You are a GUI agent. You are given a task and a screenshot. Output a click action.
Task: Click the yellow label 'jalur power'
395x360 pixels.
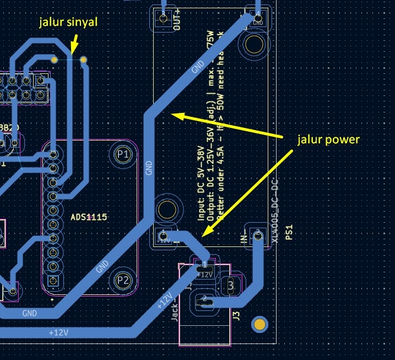[x=328, y=139]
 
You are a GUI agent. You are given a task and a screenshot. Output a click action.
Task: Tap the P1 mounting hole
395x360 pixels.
[x=123, y=155]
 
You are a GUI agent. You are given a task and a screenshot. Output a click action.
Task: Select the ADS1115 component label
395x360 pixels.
[x=89, y=217]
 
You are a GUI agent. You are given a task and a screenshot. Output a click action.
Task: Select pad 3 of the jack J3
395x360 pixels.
[x=231, y=285]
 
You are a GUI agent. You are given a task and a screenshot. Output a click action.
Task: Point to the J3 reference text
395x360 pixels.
[x=236, y=316]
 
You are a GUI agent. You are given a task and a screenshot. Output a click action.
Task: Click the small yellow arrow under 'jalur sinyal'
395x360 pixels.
[x=75, y=42]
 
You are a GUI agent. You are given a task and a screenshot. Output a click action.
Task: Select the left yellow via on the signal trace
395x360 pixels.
[x=54, y=58]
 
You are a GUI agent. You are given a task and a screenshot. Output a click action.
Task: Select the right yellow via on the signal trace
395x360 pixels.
[x=84, y=59]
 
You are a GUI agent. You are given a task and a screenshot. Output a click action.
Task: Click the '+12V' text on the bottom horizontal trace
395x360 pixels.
[x=58, y=332]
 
